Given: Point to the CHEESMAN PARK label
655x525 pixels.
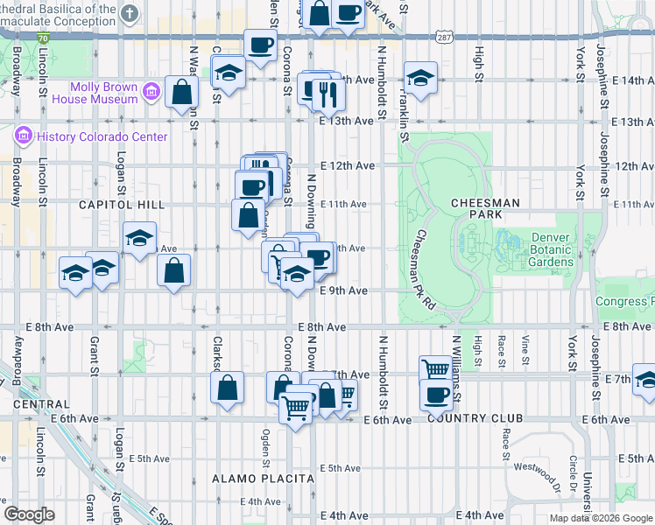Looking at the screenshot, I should coord(485,207).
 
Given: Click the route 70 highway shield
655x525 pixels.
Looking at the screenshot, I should coord(44,38).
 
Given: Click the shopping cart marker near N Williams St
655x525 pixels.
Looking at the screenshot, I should coord(435,368).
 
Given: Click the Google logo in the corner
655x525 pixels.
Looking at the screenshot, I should coord(29,514).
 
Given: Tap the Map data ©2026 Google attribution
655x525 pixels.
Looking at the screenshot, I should coord(601,518).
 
